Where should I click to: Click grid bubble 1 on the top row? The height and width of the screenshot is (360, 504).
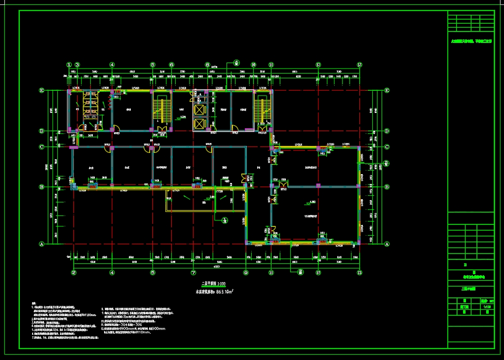70,65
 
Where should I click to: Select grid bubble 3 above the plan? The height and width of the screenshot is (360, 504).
77,65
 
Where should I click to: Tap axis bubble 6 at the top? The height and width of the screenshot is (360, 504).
171,65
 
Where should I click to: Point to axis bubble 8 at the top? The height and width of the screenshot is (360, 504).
236,63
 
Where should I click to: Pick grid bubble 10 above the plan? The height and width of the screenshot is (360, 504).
253,65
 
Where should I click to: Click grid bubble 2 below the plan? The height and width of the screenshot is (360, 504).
74,272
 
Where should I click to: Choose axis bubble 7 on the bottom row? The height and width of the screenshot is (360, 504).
194,272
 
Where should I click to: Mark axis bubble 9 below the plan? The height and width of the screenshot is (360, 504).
245,272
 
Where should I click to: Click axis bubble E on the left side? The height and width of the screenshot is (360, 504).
42,90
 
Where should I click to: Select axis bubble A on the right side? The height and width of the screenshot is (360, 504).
387,244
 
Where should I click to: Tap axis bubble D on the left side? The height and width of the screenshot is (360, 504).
42,131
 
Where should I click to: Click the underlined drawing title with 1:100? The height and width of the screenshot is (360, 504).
214,284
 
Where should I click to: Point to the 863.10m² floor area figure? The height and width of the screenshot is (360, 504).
215,292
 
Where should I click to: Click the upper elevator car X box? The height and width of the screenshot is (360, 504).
200,110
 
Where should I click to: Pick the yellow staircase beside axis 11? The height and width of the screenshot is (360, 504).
262,109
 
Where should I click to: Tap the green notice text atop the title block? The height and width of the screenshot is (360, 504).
471,42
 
